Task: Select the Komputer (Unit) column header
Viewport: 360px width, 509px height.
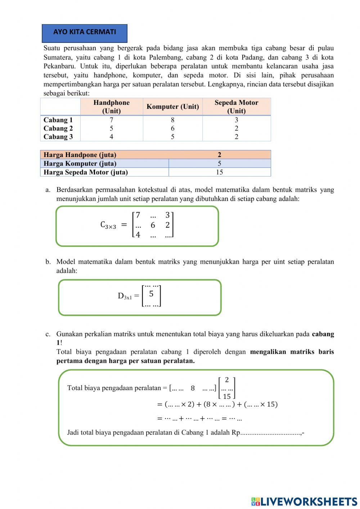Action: pos(172,107)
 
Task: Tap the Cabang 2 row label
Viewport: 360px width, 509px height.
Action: pos(58,129)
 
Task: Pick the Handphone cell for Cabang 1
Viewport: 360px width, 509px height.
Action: pos(111,120)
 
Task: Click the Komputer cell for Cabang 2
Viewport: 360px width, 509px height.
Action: pos(172,129)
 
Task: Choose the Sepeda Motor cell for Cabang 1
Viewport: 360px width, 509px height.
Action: pos(236,120)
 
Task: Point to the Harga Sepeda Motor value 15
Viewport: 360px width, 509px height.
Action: pos(219,172)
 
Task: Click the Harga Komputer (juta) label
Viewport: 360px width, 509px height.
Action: pos(80,164)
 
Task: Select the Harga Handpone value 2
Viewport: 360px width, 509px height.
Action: pos(219,155)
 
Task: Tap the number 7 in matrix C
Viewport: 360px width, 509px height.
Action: pos(138,215)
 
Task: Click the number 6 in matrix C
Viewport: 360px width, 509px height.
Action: pos(153,225)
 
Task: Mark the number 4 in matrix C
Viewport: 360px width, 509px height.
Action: pos(138,235)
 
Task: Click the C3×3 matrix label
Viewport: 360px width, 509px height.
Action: pos(108,225)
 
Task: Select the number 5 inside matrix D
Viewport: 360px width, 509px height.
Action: pos(151,294)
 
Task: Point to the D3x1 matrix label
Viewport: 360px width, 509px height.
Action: pos(125,296)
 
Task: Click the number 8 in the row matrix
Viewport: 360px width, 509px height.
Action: pos(193,388)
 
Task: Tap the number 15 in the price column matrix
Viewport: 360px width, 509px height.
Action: pos(227,396)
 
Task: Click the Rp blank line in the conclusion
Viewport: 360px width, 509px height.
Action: pos(270,433)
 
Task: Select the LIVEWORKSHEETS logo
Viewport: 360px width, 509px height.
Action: pos(304,501)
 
